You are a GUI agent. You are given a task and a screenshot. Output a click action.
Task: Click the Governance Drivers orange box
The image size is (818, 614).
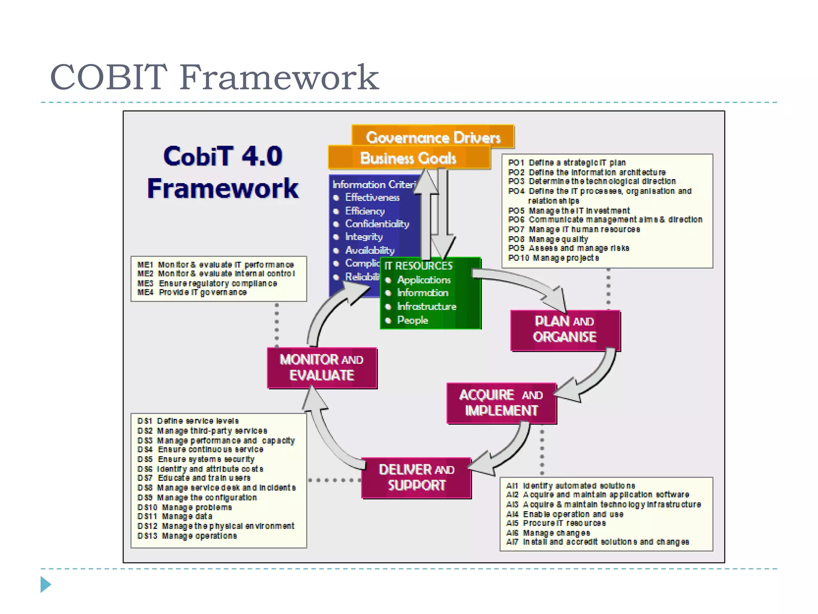(x=433, y=137)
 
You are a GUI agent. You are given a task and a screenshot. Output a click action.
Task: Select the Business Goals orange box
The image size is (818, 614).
(x=408, y=158)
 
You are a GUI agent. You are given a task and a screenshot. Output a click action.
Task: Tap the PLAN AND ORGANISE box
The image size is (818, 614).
(x=565, y=329)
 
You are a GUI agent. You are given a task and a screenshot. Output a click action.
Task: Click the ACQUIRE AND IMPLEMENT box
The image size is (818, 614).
(x=501, y=403)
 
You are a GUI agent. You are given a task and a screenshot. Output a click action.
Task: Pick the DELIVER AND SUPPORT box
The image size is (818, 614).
(x=416, y=477)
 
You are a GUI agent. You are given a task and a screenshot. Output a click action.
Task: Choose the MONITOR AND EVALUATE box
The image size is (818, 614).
(x=322, y=367)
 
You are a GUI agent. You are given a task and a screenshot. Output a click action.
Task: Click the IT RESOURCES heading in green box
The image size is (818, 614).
(x=418, y=266)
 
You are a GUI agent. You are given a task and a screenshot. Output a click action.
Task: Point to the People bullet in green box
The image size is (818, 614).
(x=412, y=320)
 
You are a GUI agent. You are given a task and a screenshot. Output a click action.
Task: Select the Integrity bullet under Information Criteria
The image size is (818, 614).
(x=363, y=237)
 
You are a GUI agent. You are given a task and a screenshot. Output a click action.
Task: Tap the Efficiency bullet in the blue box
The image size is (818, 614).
(x=365, y=211)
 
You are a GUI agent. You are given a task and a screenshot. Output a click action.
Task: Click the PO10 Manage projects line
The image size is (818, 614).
(x=553, y=258)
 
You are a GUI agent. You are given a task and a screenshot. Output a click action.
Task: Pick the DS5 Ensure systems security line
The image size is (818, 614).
(x=196, y=459)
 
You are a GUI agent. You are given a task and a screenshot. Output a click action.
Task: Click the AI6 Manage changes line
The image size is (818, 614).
(x=548, y=533)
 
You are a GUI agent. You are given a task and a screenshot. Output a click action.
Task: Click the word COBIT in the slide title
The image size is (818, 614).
(x=108, y=77)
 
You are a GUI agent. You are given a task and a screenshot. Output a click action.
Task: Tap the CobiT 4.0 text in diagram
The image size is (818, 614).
(x=223, y=156)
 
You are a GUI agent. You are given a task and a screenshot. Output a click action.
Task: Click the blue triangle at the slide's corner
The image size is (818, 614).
(x=46, y=584)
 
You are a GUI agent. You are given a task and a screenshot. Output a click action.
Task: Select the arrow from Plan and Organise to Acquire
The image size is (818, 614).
(x=595, y=380)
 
